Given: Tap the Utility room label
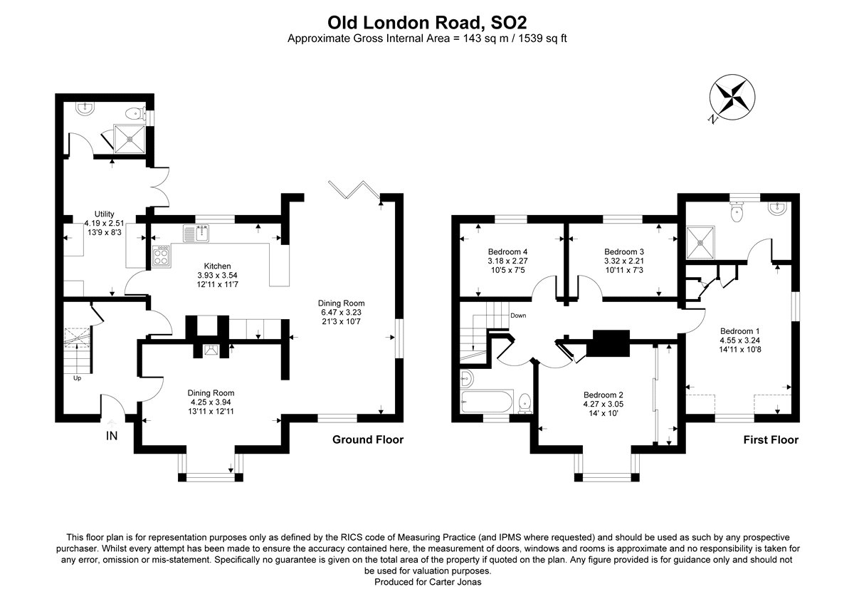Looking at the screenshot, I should (105, 213).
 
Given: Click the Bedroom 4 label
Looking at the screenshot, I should (507, 251).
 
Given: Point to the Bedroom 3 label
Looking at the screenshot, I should (624, 251).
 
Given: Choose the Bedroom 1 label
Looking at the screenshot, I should (740, 330).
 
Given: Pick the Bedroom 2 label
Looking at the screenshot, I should (603, 395).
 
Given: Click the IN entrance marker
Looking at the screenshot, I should (112, 435).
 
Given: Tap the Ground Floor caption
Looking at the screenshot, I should (368, 439).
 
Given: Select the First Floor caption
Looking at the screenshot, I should (771, 439).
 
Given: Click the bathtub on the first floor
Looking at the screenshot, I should (487, 402).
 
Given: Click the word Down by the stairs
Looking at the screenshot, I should (517, 316).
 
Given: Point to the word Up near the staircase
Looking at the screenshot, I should (78, 377).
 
